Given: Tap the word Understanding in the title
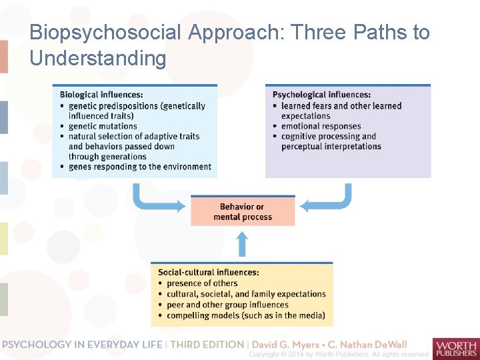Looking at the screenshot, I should click(98, 58).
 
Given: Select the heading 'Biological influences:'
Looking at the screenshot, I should click(101, 95).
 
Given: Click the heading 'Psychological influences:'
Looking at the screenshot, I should click(321, 95).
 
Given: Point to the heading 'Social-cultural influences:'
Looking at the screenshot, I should click(208, 272).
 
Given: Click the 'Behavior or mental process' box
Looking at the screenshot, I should click(243, 211).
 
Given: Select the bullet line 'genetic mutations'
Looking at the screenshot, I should click(103, 126).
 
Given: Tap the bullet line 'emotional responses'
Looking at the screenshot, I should click(321, 126).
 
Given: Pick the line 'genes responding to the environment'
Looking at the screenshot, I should click(139, 167).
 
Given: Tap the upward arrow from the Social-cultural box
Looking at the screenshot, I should click(243, 244).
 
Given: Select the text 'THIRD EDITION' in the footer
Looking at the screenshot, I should click(207, 344).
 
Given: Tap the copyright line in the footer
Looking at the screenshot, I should click(338, 354).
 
